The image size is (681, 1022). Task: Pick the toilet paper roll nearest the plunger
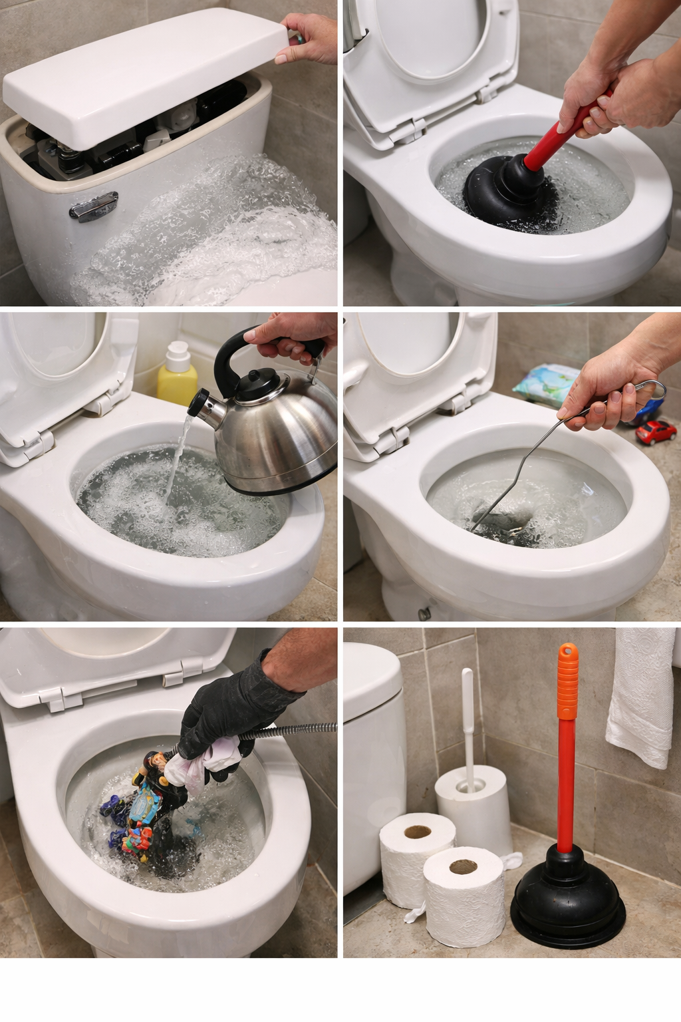464,895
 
